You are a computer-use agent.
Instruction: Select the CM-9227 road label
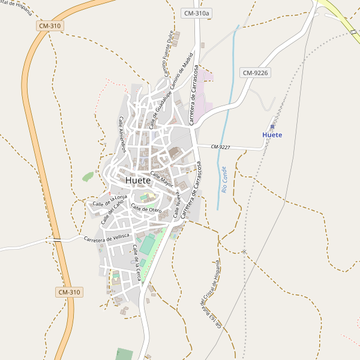(x=221, y=146)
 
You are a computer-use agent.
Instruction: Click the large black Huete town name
(x=138, y=180)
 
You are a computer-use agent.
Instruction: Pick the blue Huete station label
(x=272, y=135)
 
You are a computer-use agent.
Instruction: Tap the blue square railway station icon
(x=272, y=127)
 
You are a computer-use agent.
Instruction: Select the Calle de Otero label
(x=146, y=209)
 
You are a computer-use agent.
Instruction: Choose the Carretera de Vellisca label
(x=107, y=238)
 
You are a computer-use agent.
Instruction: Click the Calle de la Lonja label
(x=110, y=200)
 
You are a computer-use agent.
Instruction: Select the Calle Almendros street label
(x=122, y=134)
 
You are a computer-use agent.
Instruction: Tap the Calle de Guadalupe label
(x=158, y=109)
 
